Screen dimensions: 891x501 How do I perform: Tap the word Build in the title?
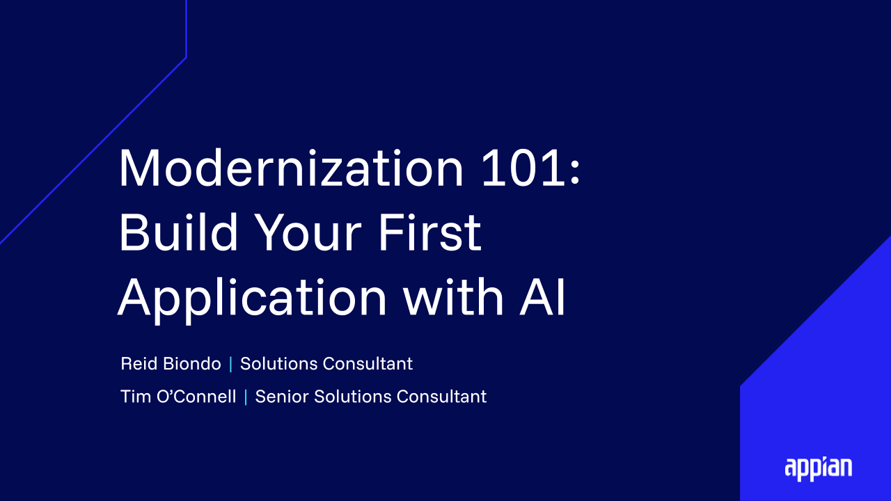(179, 232)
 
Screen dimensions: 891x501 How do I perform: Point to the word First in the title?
(430, 232)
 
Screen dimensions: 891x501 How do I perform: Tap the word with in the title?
(453, 296)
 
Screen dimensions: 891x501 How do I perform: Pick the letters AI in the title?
(542, 296)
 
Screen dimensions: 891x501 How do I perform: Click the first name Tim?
(135, 397)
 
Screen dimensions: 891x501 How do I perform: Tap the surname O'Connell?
(196, 397)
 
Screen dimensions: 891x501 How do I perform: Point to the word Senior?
(282, 397)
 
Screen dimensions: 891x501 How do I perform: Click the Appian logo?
(818, 469)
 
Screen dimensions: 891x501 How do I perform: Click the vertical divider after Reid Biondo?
(230, 364)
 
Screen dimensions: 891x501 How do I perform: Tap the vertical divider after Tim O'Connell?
(246, 397)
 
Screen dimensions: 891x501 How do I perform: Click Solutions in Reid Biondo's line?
(279, 363)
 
